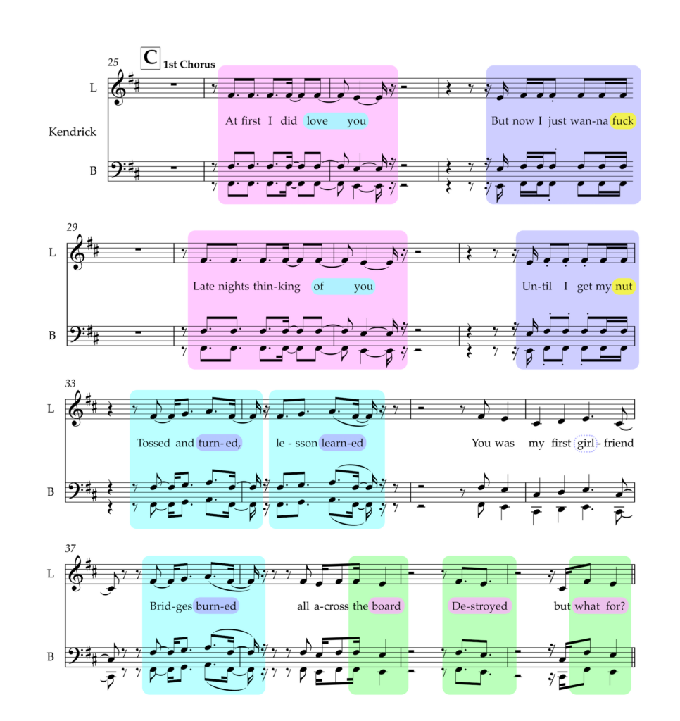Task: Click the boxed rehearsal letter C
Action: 151,58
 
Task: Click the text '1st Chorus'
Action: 189,64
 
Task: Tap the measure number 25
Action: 113,62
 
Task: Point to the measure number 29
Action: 72,227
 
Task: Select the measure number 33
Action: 70,384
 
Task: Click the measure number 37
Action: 70,548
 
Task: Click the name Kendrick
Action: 73,132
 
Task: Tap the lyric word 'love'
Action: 317,121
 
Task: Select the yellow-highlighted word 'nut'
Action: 624,287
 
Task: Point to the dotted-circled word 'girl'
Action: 586,444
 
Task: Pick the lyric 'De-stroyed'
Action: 479,606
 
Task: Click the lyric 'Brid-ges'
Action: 170,606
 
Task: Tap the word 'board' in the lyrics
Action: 386,606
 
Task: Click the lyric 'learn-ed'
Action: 342,443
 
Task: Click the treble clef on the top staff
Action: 120,87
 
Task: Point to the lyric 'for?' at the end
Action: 616,606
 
